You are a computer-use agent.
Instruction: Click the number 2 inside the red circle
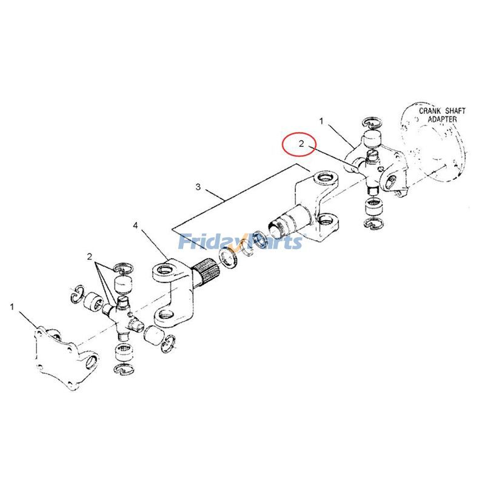[x=301, y=144]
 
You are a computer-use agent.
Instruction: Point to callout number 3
[x=198, y=187]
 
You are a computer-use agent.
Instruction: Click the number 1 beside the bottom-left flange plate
[x=12, y=307]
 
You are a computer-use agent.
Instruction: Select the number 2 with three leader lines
[x=89, y=256]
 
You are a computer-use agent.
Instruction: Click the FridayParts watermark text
[x=240, y=242]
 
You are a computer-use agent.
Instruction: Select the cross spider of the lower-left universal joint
[x=121, y=314]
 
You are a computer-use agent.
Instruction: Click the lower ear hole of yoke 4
[x=167, y=315]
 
